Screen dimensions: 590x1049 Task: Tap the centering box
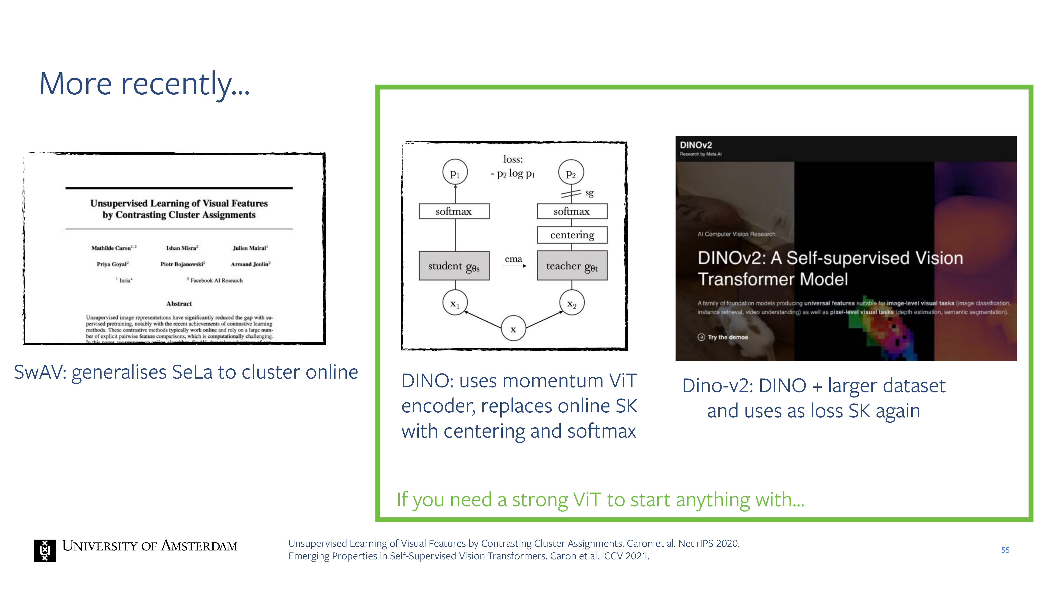point(572,235)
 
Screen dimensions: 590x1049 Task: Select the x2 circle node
point(572,303)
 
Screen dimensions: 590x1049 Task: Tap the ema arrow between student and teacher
point(514,265)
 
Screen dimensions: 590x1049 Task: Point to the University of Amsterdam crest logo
point(45,550)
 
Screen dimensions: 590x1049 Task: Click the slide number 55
point(1005,550)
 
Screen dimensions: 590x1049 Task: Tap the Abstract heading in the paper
point(179,304)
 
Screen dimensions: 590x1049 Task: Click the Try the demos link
point(727,337)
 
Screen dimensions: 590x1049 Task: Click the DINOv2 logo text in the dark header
point(696,145)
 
